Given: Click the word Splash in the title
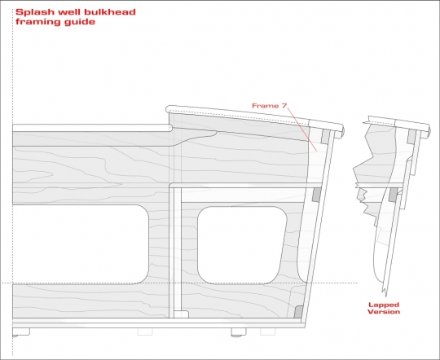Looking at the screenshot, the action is pos(34,12).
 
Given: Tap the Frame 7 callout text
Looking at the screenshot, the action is pos(270,106).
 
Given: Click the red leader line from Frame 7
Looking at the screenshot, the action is pos(302,128).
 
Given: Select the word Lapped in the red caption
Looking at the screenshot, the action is pos(383,305).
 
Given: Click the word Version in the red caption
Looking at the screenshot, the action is pos(384,312).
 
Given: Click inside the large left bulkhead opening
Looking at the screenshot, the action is pos(80,244).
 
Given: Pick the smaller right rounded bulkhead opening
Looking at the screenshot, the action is pos(242,245).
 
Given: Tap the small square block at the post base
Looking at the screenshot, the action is pos(181,314).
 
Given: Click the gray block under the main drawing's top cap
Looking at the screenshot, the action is pos(325,136).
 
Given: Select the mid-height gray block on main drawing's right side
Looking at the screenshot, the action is pos(317,195).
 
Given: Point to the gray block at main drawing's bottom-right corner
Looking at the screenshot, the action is pos(298,312).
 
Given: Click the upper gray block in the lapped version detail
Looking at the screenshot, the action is pos(412,136).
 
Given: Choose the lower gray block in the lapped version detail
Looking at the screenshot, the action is pos(393,195).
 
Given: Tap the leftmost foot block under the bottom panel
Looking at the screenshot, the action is pos(21,332).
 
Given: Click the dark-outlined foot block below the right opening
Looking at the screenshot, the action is pos(239,332).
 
